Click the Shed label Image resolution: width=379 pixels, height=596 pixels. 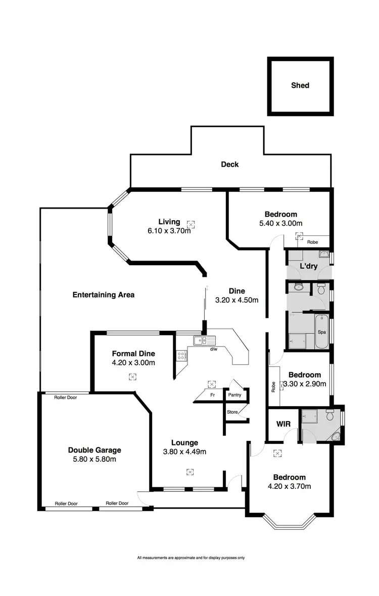tap(300, 85)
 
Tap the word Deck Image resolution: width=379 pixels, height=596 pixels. tap(229, 164)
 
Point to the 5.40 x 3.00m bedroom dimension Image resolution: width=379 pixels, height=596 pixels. tap(277, 223)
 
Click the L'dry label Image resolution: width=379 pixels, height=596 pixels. tap(308, 266)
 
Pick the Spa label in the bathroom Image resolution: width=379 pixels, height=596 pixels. tap(321, 332)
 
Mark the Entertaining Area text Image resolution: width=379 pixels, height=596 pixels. tap(103, 294)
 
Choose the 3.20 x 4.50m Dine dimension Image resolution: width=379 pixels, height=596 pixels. tap(236, 300)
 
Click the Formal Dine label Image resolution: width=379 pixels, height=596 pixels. tap(133, 354)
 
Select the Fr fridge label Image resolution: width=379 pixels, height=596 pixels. tap(212, 395)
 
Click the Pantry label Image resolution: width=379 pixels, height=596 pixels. tap(234, 395)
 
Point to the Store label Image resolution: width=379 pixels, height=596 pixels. tap(232, 412)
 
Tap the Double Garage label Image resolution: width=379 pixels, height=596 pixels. tap(94, 450)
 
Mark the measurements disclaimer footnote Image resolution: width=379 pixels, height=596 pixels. tap(191, 558)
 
